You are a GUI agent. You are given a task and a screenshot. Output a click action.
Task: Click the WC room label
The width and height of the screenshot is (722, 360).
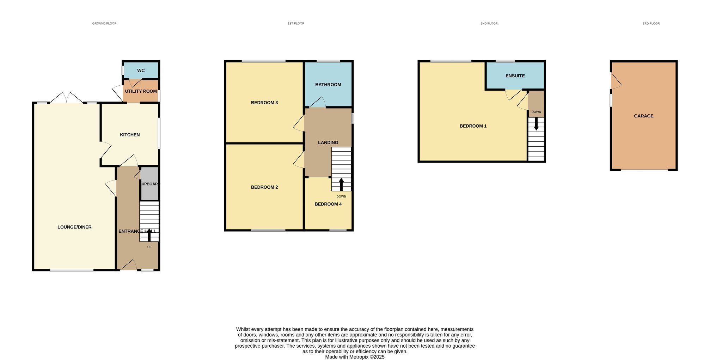click(141, 71)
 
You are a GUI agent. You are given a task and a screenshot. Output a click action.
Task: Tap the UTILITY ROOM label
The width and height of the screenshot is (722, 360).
click(141, 91)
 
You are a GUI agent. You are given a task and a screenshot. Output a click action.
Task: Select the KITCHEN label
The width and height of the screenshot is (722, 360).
click(130, 135)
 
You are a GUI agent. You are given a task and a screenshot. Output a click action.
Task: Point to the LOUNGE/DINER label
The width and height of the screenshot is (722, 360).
click(74, 227)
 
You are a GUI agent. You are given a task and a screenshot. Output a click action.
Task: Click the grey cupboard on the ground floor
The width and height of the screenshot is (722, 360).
click(149, 184)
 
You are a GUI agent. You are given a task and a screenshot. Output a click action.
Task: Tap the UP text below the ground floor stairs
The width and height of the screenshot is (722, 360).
click(149, 247)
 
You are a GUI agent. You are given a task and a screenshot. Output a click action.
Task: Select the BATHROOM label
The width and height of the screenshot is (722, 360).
click(328, 85)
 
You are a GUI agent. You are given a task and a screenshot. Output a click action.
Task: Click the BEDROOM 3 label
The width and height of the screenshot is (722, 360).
click(264, 103)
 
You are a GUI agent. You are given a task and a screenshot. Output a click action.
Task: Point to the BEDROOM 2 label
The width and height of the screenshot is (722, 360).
click(264, 187)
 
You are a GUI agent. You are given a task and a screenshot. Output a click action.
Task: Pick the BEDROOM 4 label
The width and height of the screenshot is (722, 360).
click(328, 204)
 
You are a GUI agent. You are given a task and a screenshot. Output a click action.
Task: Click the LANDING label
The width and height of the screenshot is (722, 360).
click(328, 142)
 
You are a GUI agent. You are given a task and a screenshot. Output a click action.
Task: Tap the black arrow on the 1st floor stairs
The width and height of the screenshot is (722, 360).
click(341, 184)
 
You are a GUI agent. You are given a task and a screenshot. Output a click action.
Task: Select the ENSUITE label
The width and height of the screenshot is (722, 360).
click(515, 76)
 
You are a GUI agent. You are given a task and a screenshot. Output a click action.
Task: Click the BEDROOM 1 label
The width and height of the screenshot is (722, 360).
click(473, 126)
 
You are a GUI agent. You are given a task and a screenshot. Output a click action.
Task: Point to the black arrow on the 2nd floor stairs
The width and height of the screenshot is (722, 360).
click(536, 124)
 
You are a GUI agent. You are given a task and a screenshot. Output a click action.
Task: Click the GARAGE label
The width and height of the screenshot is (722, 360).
click(644, 116)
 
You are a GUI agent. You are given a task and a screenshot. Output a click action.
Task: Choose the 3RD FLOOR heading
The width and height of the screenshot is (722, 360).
click(651, 24)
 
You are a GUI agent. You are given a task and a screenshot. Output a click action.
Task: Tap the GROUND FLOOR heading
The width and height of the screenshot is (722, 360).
click(104, 24)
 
